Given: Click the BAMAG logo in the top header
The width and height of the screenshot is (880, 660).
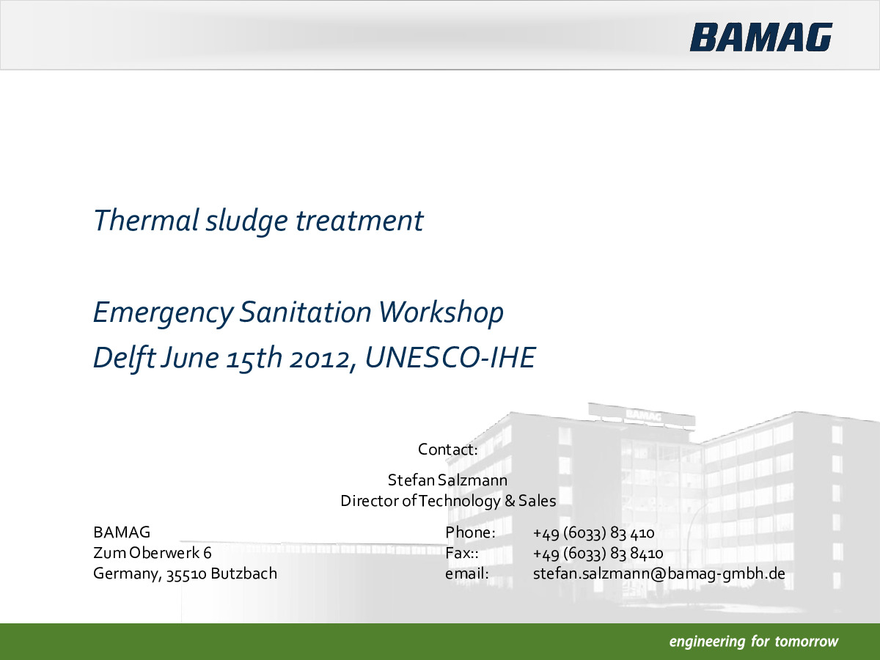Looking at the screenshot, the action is [x=761, y=37].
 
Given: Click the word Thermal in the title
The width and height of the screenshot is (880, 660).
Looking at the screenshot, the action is [x=146, y=220].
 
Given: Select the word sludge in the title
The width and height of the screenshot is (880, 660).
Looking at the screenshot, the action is [x=246, y=221].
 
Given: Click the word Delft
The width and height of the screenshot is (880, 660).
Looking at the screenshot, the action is [x=124, y=357].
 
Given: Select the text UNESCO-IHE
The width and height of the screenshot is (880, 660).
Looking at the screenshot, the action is [x=450, y=357].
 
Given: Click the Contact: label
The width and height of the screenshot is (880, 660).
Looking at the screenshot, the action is [x=448, y=450].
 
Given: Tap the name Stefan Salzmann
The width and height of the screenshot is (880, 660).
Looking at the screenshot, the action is [x=447, y=480].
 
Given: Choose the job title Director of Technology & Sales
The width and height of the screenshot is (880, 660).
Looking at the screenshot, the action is [x=448, y=501].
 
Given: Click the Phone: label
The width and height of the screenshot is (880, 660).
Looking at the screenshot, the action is [x=470, y=532].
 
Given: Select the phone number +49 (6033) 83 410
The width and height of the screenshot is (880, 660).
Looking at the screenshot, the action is [x=593, y=533].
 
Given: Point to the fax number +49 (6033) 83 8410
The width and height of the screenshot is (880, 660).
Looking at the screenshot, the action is [x=598, y=554].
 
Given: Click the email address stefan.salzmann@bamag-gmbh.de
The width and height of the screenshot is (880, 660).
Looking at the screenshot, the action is [x=659, y=574].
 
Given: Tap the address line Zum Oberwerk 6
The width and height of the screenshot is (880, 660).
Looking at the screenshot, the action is [x=153, y=553].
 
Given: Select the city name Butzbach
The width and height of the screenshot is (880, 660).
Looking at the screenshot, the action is [x=243, y=573].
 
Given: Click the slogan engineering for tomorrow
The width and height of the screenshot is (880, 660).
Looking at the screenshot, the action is [x=754, y=642].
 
